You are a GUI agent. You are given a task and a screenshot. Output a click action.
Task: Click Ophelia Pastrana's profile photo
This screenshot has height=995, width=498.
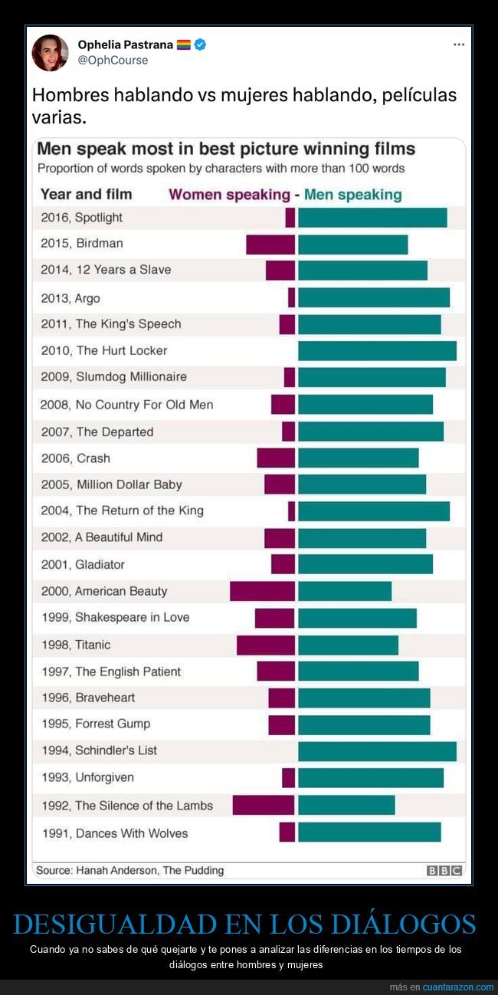click(50, 53)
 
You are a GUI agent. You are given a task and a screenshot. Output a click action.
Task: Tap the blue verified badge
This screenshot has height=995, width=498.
click(200, 45)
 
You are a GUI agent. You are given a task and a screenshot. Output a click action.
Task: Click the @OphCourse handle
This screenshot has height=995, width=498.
click(113, 60)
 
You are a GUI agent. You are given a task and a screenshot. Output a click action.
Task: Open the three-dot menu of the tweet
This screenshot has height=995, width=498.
click(458, 44)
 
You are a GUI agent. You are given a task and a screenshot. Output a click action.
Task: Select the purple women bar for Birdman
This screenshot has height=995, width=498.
click(270, 245)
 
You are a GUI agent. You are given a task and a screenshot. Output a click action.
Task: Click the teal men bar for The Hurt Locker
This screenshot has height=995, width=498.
click(377, 350)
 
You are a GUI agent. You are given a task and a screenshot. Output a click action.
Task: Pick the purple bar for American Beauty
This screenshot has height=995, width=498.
click(262, 591)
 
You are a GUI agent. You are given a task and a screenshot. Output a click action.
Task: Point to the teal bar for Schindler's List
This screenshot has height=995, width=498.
click(377, 751)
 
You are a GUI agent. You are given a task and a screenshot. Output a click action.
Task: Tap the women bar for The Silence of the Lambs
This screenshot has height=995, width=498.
click(264, 805)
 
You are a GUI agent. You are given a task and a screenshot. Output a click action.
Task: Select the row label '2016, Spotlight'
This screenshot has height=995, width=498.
click(82, 218)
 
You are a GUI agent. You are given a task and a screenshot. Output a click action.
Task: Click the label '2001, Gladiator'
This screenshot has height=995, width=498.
click(83, 565)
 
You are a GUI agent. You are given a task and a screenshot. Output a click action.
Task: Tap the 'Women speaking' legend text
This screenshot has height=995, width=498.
click(229, 195)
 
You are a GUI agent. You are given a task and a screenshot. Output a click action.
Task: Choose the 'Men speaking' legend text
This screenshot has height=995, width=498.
click(352, 195)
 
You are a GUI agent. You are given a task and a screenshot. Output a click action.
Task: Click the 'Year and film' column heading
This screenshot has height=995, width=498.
click(86, 194)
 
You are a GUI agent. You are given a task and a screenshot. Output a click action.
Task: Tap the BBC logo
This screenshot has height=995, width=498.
click(444, 870)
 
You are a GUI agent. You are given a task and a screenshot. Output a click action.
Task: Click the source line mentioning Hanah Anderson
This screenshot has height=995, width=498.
click(129, 870)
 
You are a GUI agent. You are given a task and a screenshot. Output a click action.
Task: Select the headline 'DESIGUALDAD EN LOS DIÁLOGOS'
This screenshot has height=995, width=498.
click(244, 924)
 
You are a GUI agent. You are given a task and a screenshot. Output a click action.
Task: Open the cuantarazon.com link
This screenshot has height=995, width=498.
click(458, 987)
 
